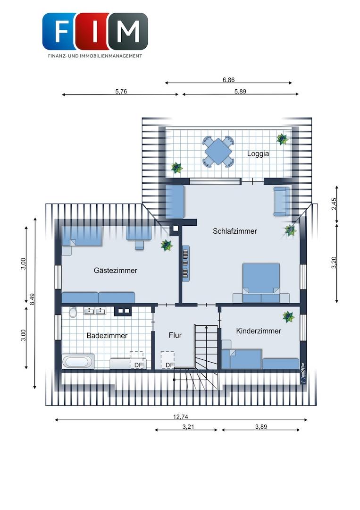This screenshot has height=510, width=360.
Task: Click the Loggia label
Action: [x=258, y=153]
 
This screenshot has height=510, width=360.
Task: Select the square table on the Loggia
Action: [x=218, y=151]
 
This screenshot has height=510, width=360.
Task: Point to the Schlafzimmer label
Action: [x=235, y=231]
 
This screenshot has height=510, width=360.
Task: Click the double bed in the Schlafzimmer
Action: [x=261, y=283]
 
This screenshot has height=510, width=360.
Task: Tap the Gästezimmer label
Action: [x=115, y=270]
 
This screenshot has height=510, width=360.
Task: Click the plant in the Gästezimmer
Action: [x=167, y=245]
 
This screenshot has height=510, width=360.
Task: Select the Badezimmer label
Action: [x=107, y=335]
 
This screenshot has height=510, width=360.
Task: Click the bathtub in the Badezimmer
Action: [x=78, y=362]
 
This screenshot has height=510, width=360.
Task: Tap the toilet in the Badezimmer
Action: [x=73, y=312]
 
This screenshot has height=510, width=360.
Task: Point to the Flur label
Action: [x=175, y=335]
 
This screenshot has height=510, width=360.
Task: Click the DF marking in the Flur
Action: [x=169, y=365]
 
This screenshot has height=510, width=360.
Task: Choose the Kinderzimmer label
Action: [x=259, y=331]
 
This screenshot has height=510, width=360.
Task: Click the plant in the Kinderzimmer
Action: [x=288, y=317]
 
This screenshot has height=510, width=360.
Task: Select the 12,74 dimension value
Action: [x=181, y=416]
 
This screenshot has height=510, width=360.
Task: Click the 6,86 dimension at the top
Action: [x=228, y=80]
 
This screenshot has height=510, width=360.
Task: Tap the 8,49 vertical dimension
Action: [x=32, y=299]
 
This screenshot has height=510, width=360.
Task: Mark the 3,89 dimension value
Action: [x=261, y=427]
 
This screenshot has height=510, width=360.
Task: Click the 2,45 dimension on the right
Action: [x=334, y=204]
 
